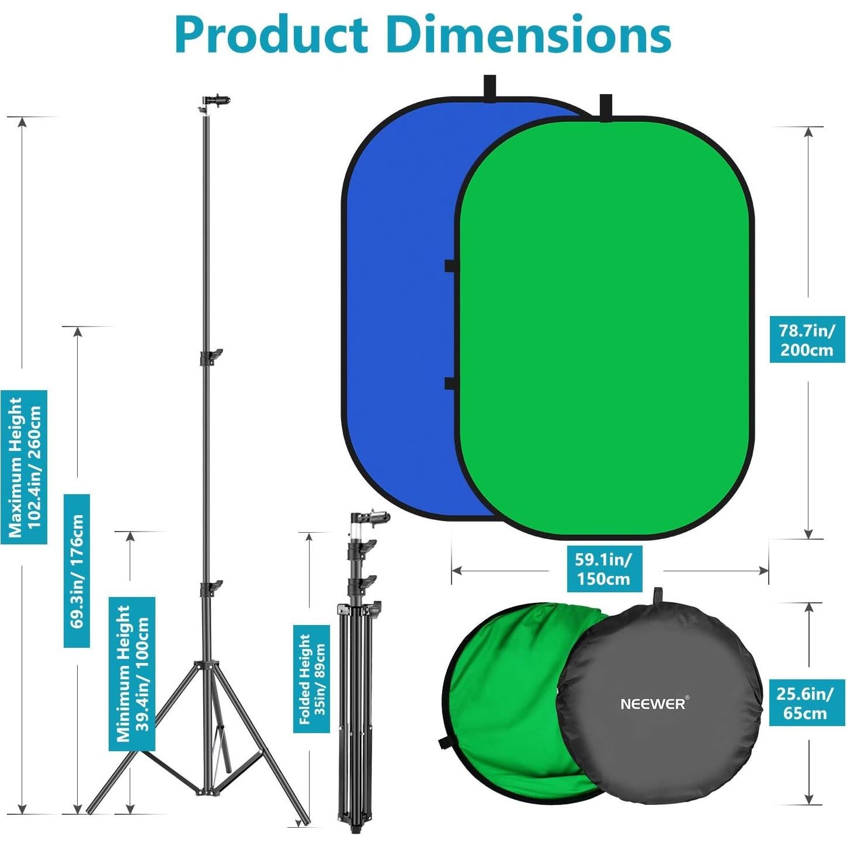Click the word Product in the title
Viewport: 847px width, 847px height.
(x=272, y=35)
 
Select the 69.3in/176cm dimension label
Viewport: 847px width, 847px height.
(x=77, y=571)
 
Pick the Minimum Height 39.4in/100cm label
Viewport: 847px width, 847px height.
(x=132, y=674)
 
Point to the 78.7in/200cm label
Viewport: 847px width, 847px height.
(x=807, y=340)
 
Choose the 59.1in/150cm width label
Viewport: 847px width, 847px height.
(x=603, y=569)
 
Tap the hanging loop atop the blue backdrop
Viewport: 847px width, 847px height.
(x=489, y=88)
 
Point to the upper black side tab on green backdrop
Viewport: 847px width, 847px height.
(x=450, y=266)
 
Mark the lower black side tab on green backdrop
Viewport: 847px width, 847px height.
(x=450, y=383)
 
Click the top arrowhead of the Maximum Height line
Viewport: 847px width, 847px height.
(x=22, y=122)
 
